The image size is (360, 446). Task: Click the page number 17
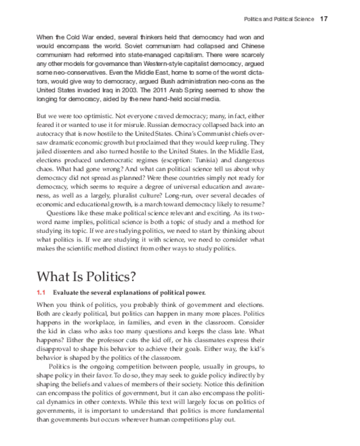(324, 19)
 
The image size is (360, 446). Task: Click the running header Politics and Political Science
(279, 19)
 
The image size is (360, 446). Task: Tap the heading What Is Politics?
(86, 276)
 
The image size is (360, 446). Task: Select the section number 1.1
(42, 292)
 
